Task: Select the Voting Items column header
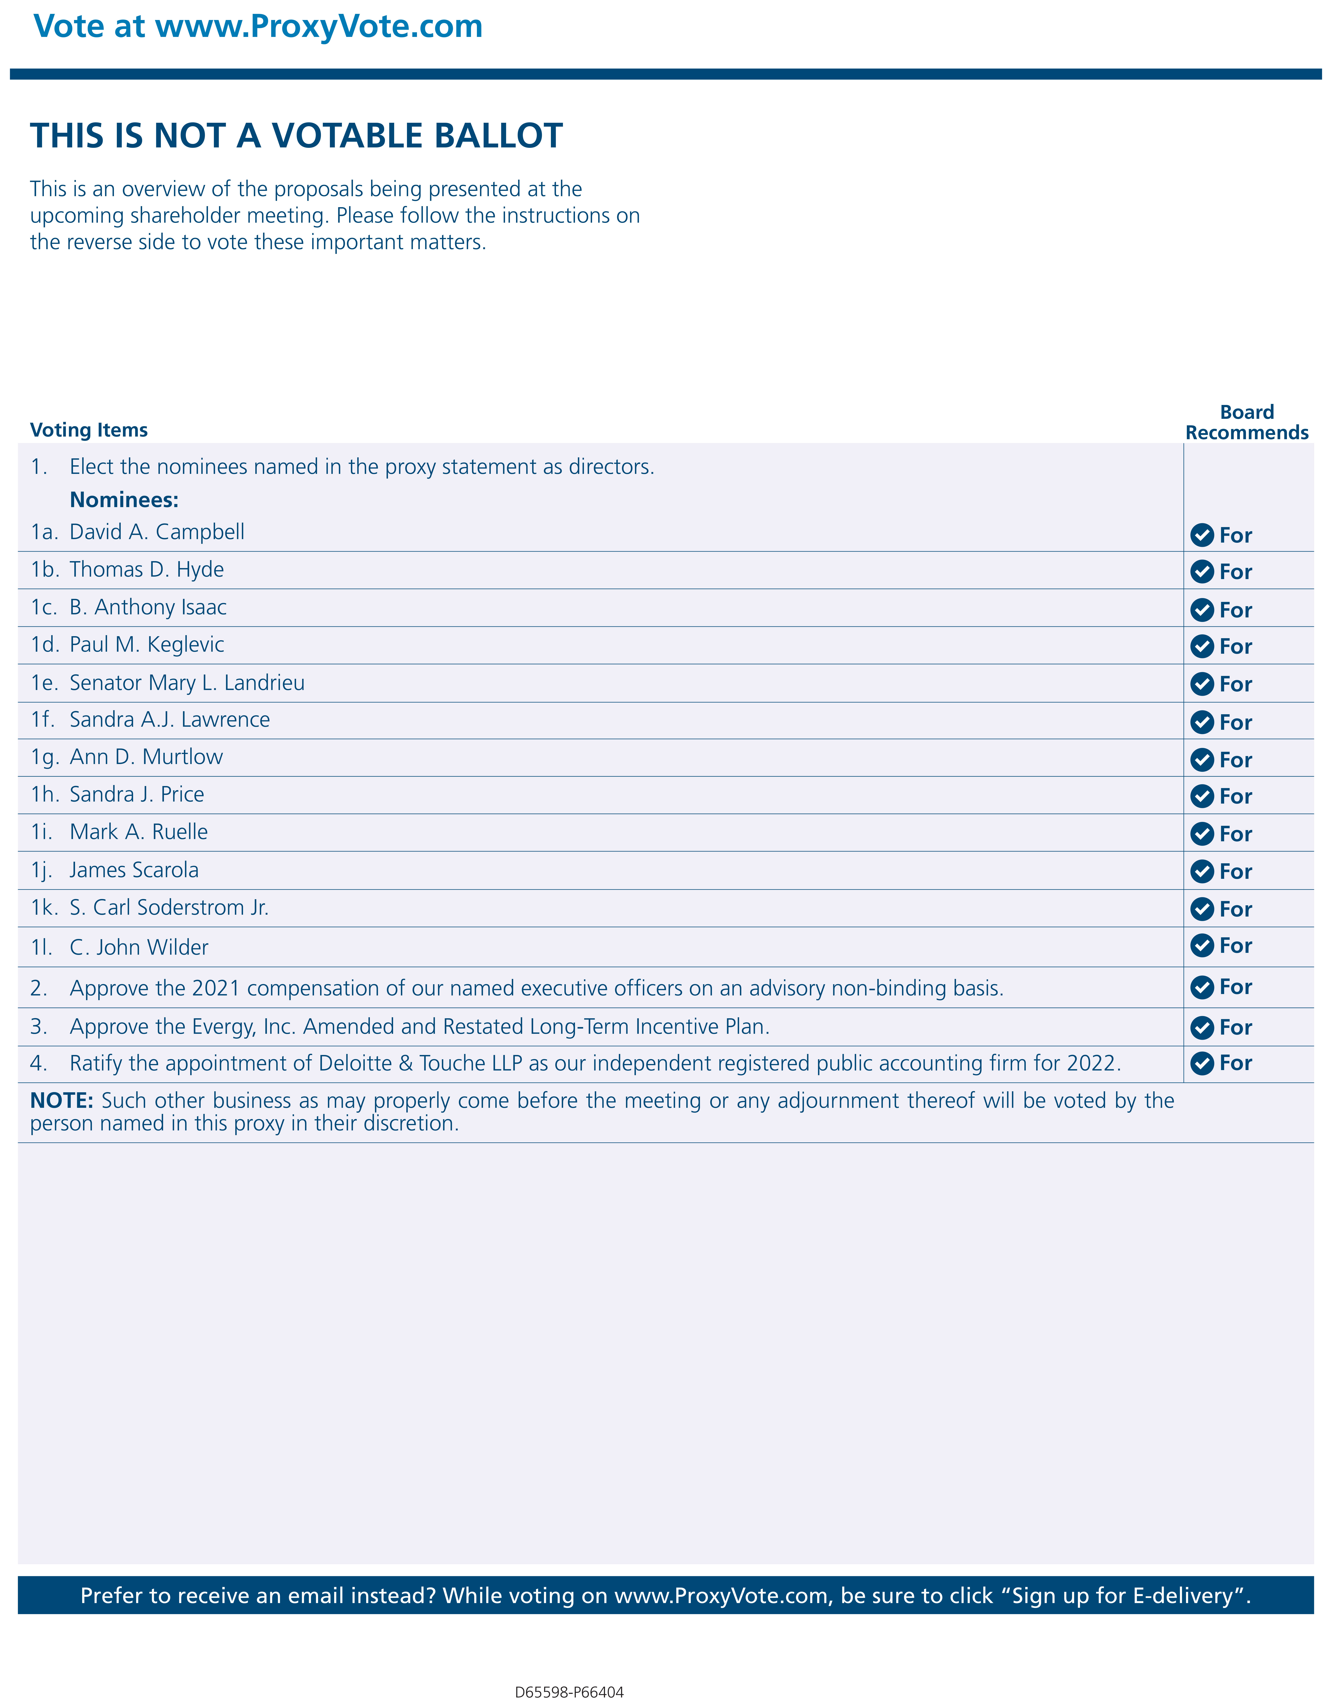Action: click(88, 430)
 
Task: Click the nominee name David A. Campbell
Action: click(157, 532)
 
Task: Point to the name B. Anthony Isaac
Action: click(148, 607)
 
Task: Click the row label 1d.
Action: click(44, 645)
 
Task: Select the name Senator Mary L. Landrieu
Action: click(187, 683)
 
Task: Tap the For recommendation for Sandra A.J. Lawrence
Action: click(1235, 722)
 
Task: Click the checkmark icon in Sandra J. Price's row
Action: click(1202, 797)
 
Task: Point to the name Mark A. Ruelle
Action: click(139, 832)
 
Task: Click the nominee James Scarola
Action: click(134, 870)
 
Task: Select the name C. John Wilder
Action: click(139, 947)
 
